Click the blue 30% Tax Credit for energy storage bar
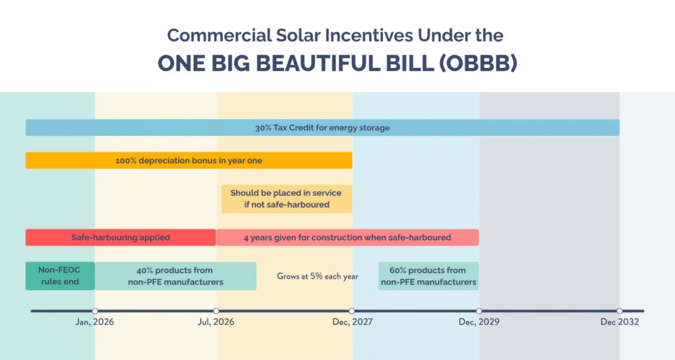(322, 127)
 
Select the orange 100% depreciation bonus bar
(189, 160)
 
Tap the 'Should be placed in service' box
(285, 198)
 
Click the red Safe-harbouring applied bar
(121, 237)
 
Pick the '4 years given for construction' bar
(347, 237)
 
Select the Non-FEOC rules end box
(60, 276)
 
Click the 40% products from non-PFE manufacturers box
(175, 276)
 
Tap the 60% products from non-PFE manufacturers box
(428, 276)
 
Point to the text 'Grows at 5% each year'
(317, 276)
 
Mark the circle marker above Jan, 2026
(95, 311)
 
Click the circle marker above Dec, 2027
(352, 311)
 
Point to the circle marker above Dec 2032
(619, 311)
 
